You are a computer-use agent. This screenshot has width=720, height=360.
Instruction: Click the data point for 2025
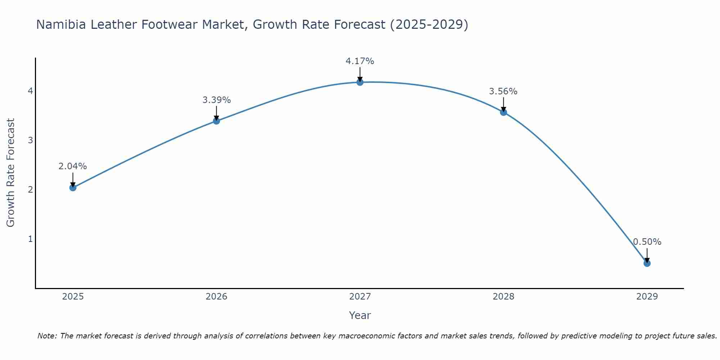pyautogui.click(x=73, y=188)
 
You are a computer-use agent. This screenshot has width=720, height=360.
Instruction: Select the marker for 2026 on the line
pyautogui.click(x=216, y=121)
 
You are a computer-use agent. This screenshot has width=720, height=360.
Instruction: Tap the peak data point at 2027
pyautogui.click(x=360, y=82)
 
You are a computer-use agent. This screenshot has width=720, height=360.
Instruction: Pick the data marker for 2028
pyautogui.click(x=504, y=112)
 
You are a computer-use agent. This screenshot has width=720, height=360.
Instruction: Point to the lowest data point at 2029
pyautogui.click(x=647, y=264)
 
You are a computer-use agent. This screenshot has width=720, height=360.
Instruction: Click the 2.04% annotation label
pyautogui.click(x=73, y=166)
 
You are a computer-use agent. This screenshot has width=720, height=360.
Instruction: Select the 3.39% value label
pyautogui.click(x=216, y=100)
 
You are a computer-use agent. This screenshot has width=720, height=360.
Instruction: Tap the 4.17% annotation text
pyautogui.click(x=360, y=61)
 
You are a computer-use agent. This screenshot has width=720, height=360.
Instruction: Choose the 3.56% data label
pyautogui.click(x=503, y=91)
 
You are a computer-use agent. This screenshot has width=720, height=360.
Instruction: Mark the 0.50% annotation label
pyautogui.click(x=647, y=242)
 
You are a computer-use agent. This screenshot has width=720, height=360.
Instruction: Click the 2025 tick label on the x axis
pyautogui.click(x=73, y=297)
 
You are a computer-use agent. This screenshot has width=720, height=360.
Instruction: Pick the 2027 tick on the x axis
pyautogui.click(x=360, y=297)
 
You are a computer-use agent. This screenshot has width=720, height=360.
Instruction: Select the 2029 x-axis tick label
pyautogui.click(x=647, y=297)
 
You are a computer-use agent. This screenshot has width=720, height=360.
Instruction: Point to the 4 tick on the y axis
pyautogui.click(x=31, y=91)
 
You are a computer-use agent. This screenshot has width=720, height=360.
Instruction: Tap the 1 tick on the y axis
pyautogui.click(x=31, y=239)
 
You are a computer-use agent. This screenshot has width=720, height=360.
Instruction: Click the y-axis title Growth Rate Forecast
pyautogui.click(x=11, y=173)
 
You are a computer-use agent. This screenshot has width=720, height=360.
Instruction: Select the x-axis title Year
pyautogui.click(x=360, y=315)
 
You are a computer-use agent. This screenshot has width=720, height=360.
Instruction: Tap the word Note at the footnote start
pyautogui.click(x=47, y=336)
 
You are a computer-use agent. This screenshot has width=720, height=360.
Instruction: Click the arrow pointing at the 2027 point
pyautogui.click(x=360, y=75)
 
